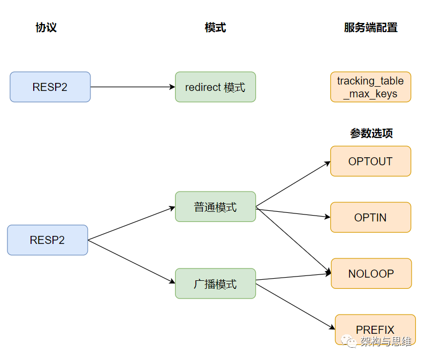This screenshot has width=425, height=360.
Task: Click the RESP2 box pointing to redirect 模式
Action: pos(50,87)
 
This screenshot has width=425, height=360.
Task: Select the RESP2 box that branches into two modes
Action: pos(48,240)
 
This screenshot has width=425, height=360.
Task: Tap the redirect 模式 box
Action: pos(216,87)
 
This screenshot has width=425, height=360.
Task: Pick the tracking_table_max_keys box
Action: pos(370,87)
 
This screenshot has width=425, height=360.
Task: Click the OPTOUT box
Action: pos(370,161)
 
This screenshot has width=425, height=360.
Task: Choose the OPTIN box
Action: pos(370,217)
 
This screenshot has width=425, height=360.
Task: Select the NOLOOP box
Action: pos(371,273)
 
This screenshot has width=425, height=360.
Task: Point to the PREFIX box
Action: pos(375,330)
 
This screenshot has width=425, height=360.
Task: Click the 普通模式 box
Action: pos(216,206)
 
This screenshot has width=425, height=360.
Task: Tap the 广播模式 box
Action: pos(216,284)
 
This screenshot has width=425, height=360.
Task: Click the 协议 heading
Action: pos(46,27)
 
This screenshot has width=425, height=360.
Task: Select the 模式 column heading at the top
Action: pos(216,27)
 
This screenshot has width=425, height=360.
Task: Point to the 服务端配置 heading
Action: pos(370,27)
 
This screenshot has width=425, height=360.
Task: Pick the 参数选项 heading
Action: pos(371,133)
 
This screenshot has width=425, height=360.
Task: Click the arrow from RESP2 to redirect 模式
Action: pos(133,87)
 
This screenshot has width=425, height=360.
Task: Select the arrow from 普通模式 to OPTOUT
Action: pos(293,184)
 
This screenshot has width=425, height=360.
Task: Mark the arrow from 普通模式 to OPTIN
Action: pos(293,213)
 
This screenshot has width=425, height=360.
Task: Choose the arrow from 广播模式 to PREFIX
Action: pos(295,307)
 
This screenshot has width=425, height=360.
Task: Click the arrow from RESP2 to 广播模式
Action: pos(132,262)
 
